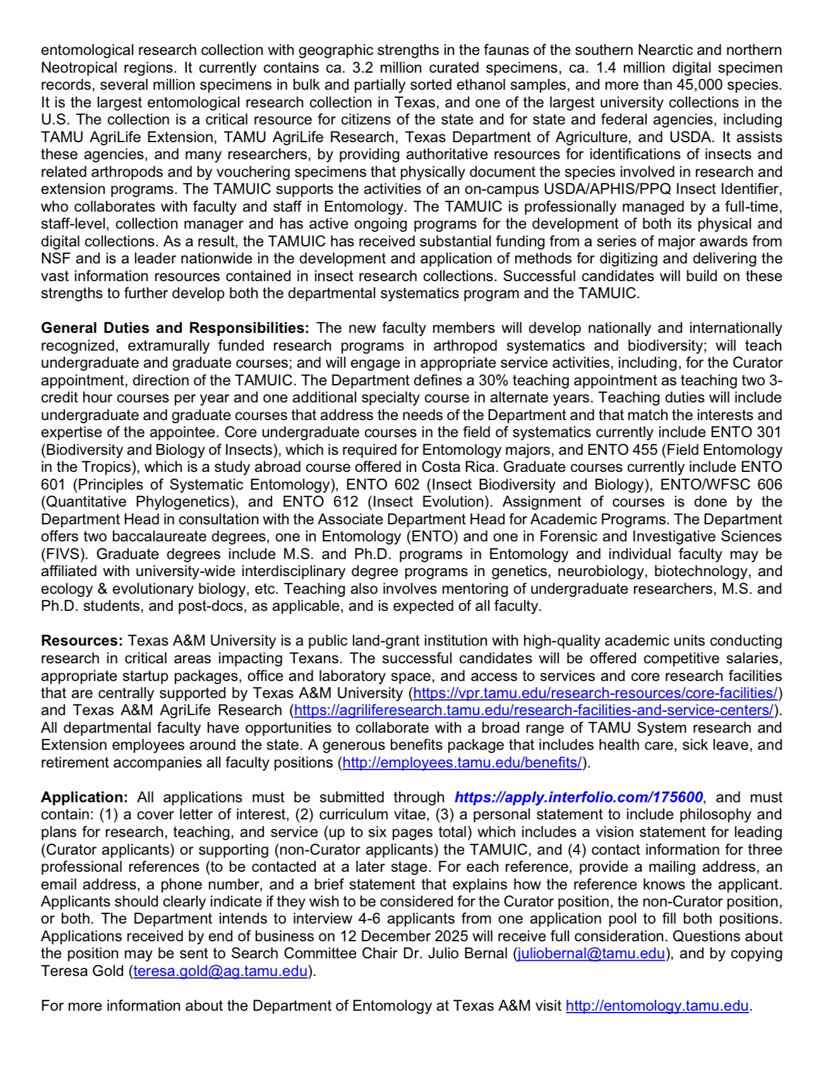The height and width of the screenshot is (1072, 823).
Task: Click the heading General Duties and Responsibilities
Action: pos(175,328)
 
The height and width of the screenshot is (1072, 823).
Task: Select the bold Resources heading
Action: pos(81,641)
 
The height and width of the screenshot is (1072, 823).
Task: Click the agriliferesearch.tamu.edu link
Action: pos(534,710)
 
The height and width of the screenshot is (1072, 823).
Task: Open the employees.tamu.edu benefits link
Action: pos(462,762)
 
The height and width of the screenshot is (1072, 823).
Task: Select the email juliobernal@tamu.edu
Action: pos(591,953)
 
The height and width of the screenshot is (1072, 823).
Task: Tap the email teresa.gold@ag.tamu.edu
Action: pos(220,971)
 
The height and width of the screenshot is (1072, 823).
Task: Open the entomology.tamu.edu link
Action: pos(657,1006)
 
